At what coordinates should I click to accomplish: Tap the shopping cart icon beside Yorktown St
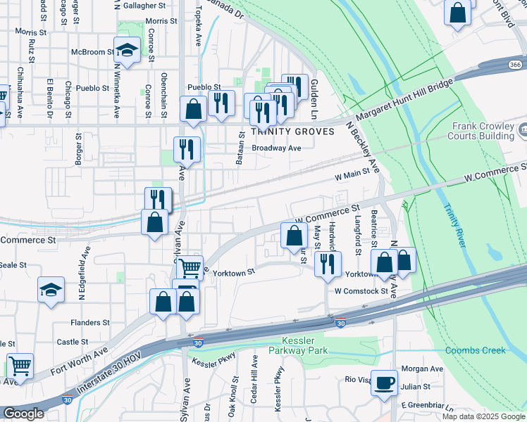coord(190,267)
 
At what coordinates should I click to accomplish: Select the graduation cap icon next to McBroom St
coord(127,51)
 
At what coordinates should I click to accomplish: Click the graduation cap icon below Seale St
coord(51,290)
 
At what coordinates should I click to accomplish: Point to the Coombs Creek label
coord(476,350)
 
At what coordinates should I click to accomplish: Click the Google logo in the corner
coord(23,414)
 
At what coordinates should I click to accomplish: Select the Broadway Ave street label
coord(276,148)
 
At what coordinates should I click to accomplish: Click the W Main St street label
coord(352,179)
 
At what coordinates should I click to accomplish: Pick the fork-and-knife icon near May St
coord(326,263)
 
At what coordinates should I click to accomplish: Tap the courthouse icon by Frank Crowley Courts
coord(523,129)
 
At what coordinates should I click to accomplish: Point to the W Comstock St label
coord(361,290)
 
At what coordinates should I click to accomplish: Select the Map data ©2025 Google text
coord(483,416)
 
